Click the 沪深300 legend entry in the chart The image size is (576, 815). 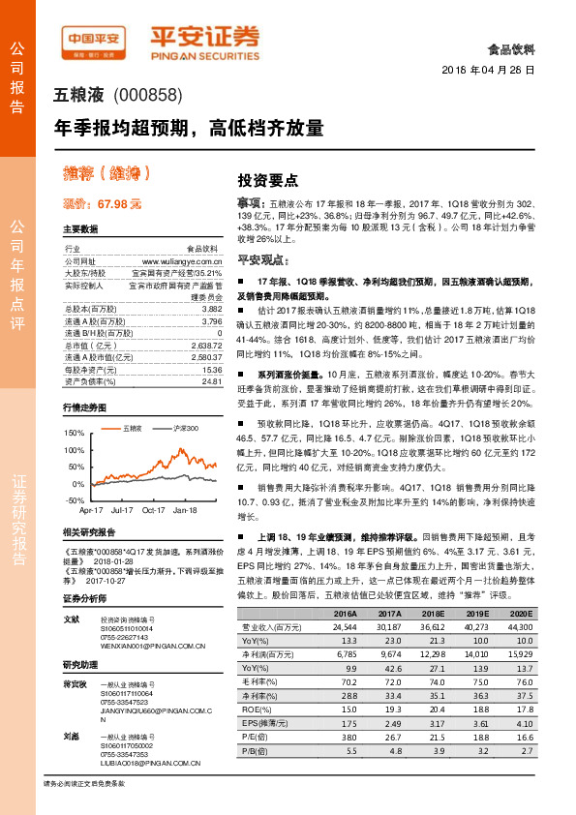(x=184, y=427)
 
